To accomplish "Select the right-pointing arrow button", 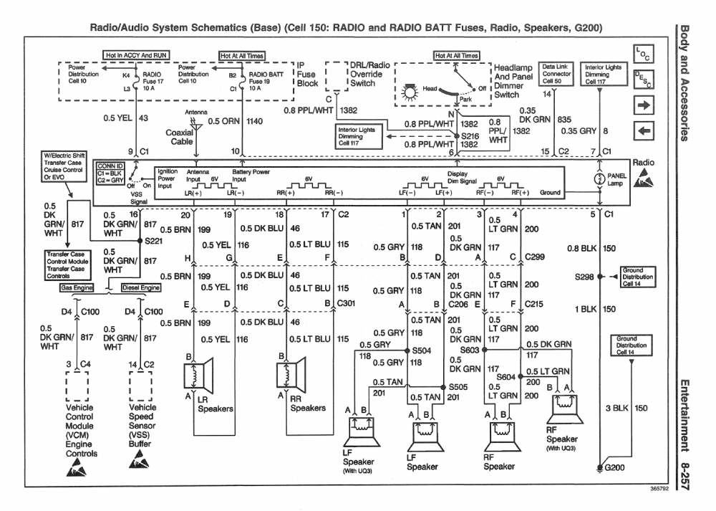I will (x=643, y=106).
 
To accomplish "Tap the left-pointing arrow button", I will (x=643, y=131).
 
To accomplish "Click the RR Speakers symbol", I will (x=295, y=374).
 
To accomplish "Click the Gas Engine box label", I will (x=78, y=287).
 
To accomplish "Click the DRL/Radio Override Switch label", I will (x=370, y=74).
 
